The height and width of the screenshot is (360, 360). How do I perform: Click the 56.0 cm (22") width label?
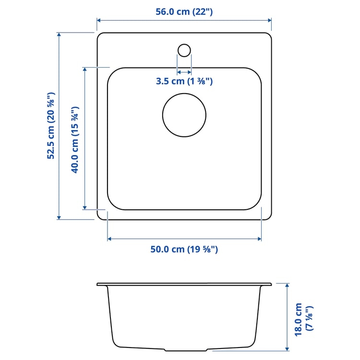[184, 12]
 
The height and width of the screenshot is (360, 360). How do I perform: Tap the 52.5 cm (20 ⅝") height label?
[51, 126]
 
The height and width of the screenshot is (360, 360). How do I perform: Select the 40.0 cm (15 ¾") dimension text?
[75, 140]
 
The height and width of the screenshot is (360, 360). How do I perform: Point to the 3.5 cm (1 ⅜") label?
[184, 81]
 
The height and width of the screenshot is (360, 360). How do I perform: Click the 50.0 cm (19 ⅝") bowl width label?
[184, 249]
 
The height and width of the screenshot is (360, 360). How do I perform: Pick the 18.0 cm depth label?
[298, 320]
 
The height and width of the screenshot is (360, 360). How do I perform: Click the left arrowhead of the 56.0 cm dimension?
[99, 20]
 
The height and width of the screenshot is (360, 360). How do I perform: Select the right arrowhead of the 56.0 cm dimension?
[270, 20]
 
